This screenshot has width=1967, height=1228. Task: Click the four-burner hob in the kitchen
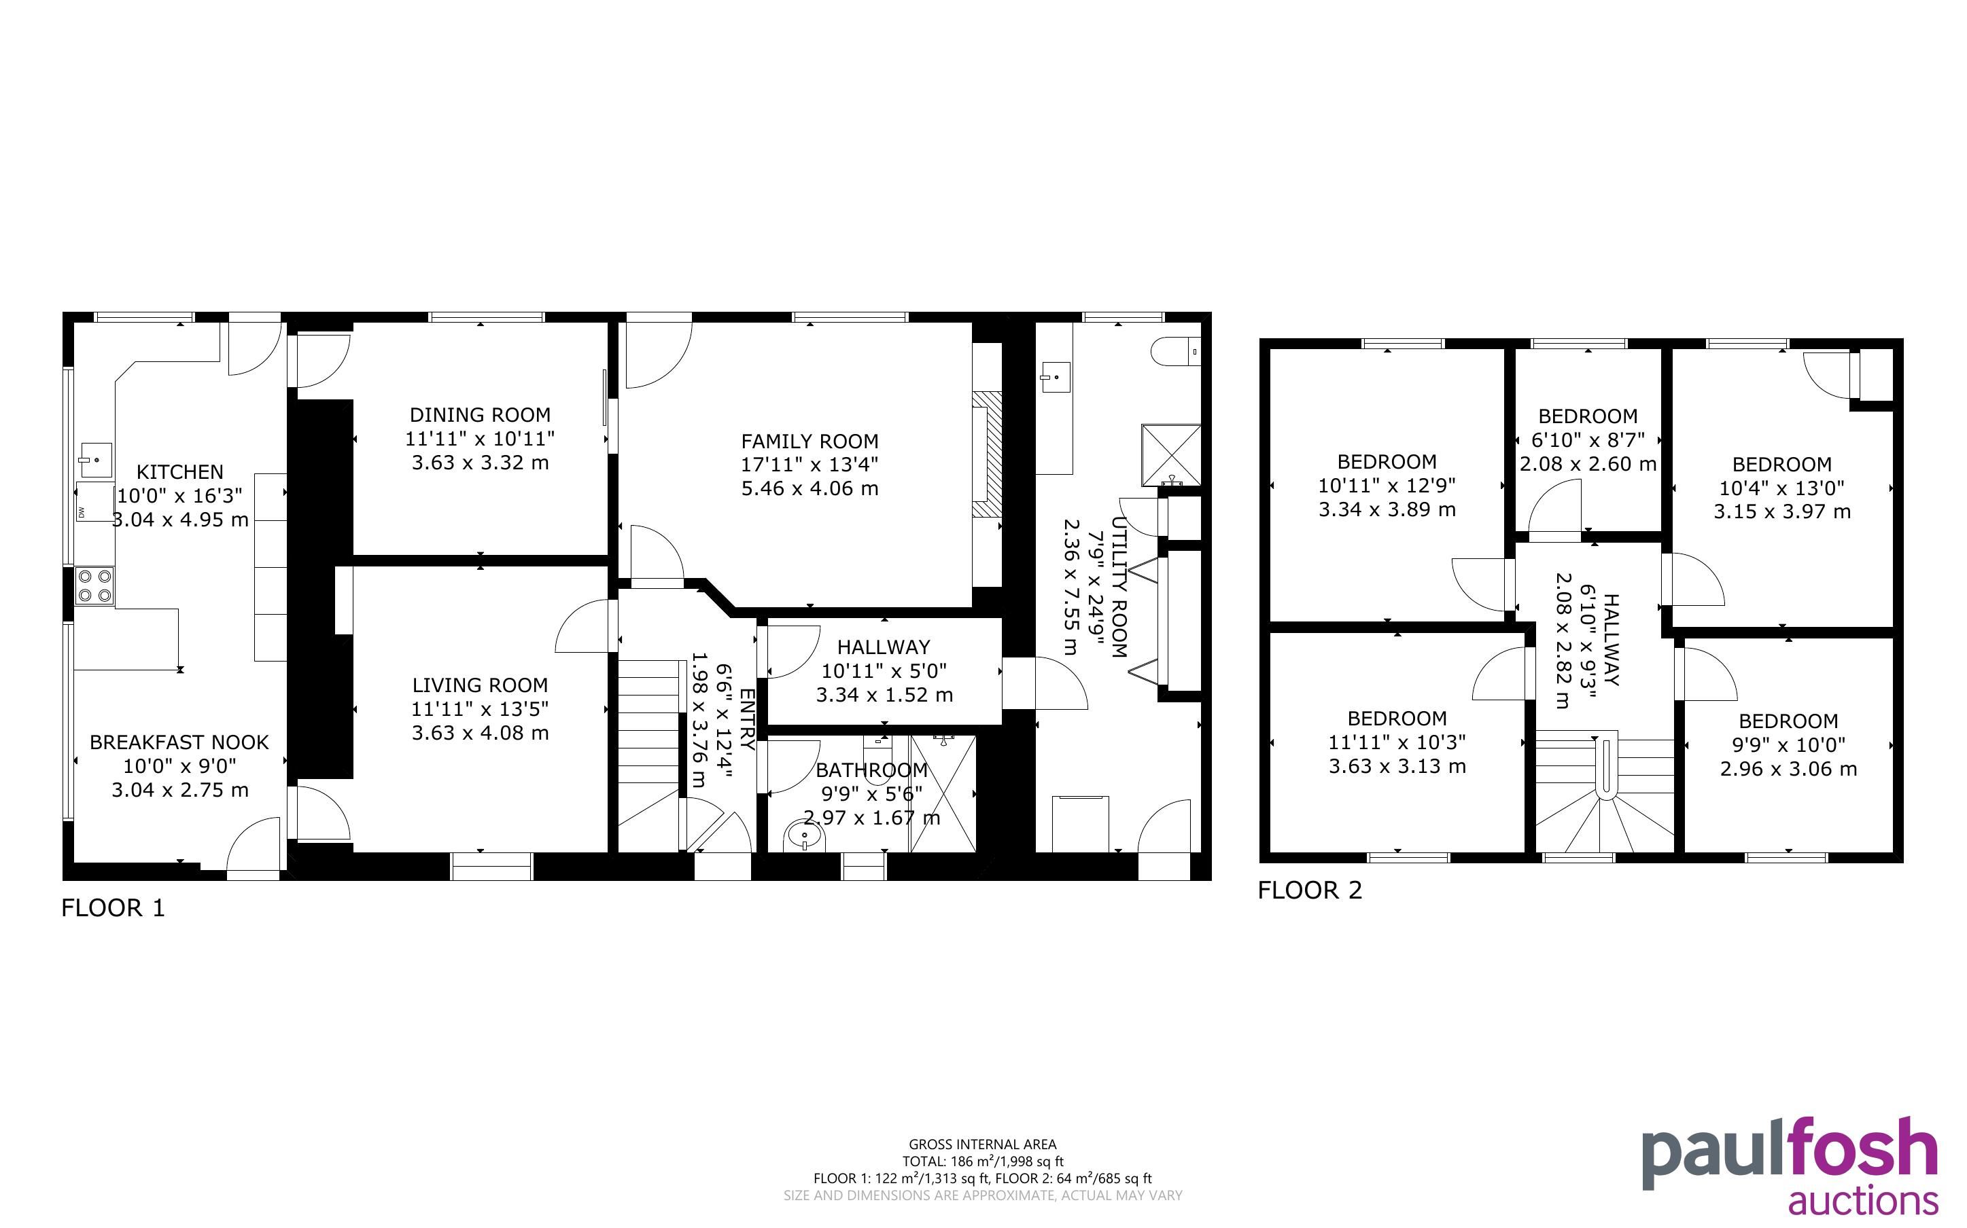point(94,585)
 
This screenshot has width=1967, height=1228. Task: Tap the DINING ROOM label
point(480,415)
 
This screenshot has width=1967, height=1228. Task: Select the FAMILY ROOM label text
point(810,441)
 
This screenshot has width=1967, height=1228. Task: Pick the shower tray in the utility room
point(1171,455)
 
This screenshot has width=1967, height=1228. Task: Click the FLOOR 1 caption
point(114,908)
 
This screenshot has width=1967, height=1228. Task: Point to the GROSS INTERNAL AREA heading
point(982,1144)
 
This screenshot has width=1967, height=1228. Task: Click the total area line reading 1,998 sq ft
point(982,1161)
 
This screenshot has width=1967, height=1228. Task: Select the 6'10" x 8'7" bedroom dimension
point(1588,440)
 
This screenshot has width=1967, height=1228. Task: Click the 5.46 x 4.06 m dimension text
point(810,488)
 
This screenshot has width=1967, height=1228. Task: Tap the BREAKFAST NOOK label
point(179,742)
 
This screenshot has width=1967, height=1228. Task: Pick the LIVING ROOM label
point(480,685)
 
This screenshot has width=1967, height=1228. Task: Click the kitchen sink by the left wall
point(95,460)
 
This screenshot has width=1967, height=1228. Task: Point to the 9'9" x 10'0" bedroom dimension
point(1788,745)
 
